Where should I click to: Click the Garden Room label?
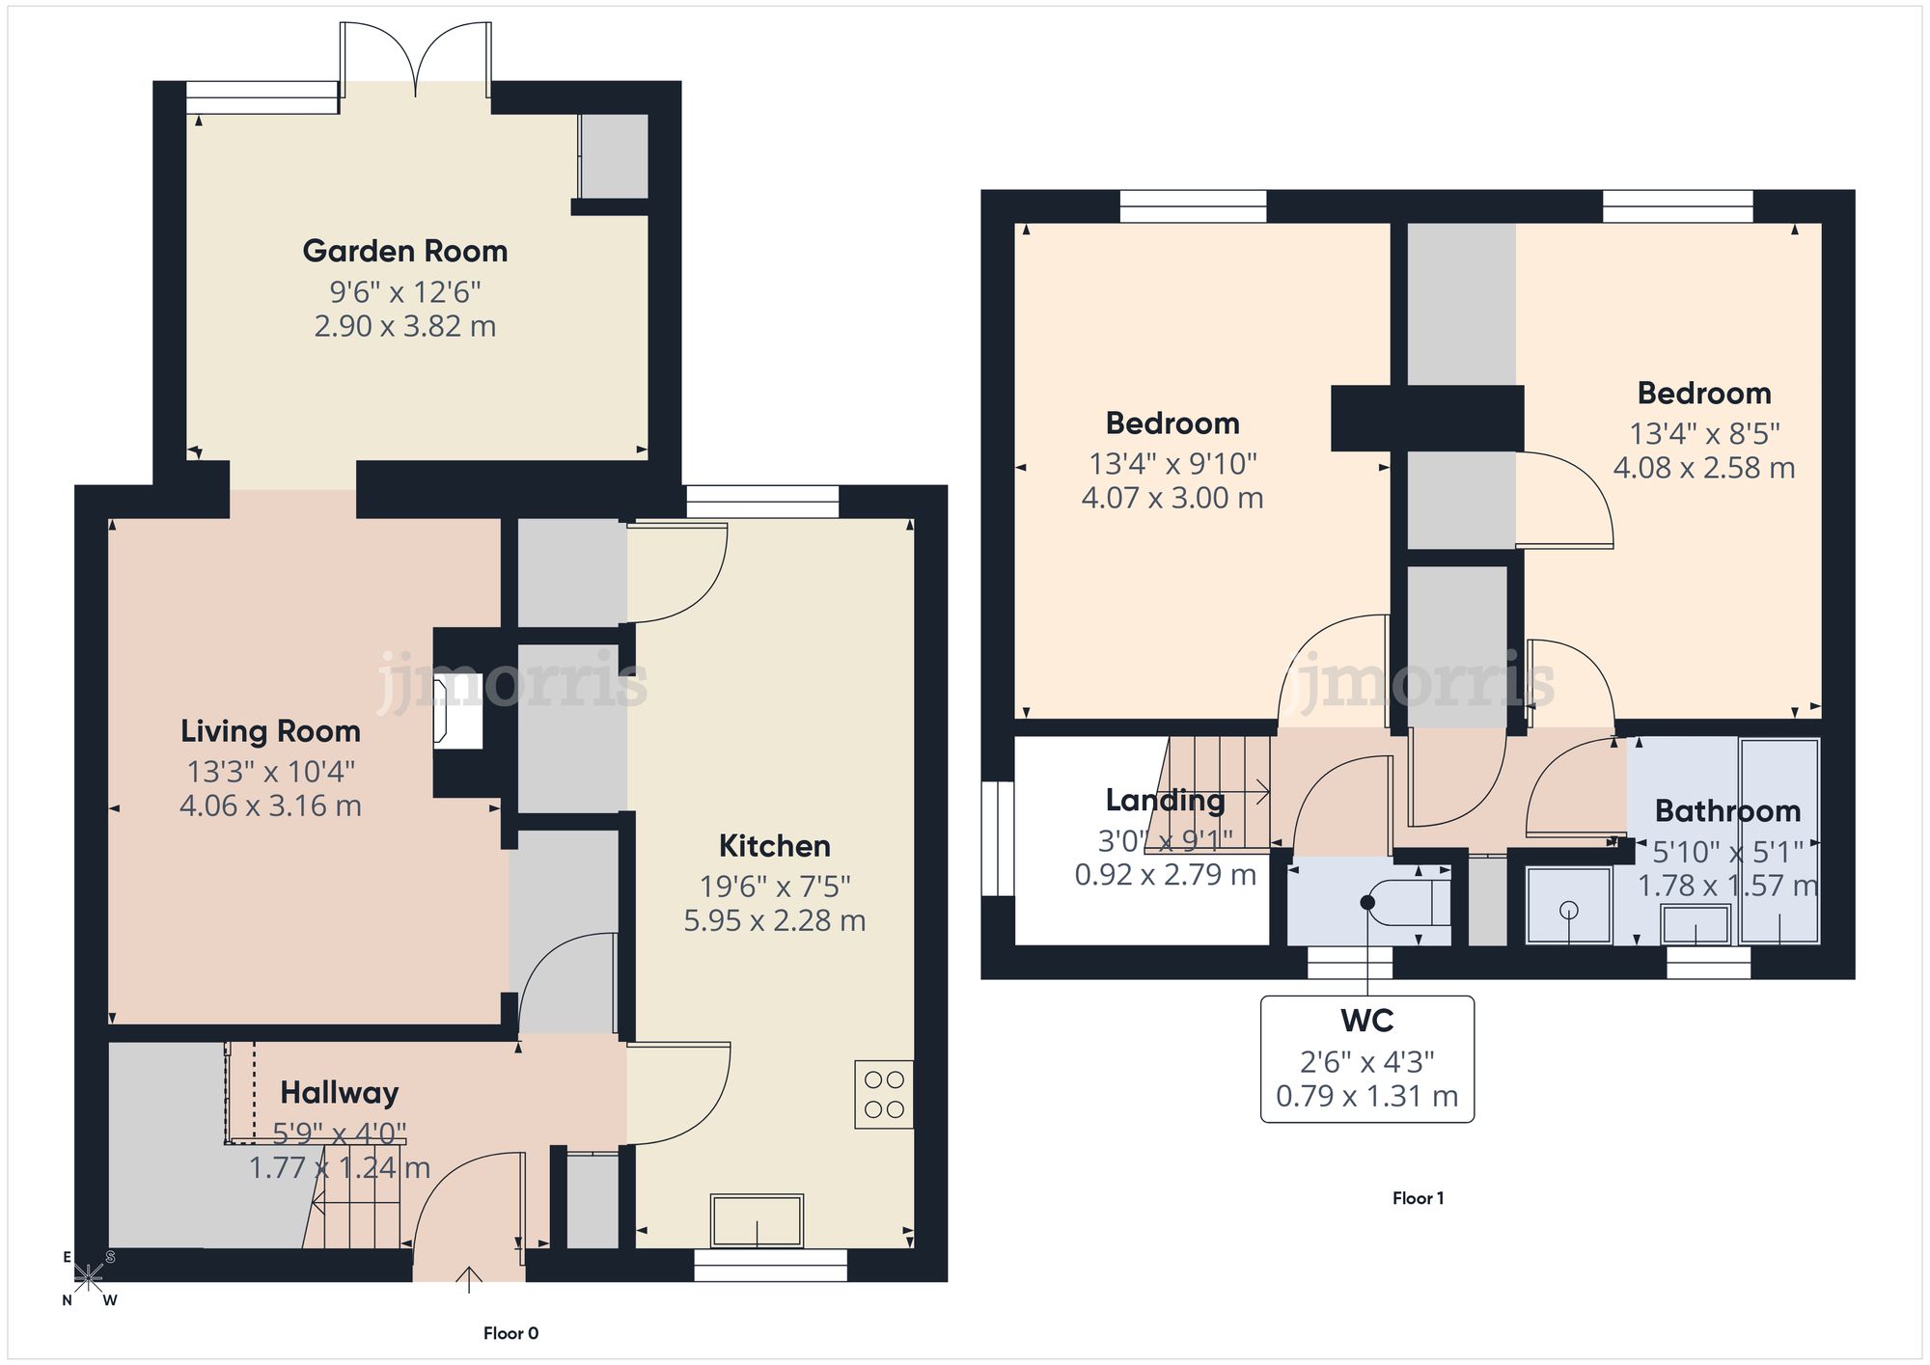coord(404,251)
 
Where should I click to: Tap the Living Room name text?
coord(270,731)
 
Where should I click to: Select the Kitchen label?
coord(774,846)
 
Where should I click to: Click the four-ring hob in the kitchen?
coord(884,1095)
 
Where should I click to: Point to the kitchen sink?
coord(757,1220)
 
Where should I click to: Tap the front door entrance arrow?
coord(469,1280)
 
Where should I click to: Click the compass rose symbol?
coord(88,1278)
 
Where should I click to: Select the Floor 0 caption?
coord(510,1333)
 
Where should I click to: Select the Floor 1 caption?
coord(1418,1198)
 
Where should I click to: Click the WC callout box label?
coord(1366,1021)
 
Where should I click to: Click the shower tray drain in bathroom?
coord(1568,909)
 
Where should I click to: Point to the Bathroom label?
coord(1727,811)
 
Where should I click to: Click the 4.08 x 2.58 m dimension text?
coord(1704,468)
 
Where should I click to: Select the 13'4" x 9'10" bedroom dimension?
coord(1172,464)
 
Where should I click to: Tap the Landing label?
coord(1165,800)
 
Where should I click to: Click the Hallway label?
coord(339,1093)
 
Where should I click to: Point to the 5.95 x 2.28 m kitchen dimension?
coord(774,920)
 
